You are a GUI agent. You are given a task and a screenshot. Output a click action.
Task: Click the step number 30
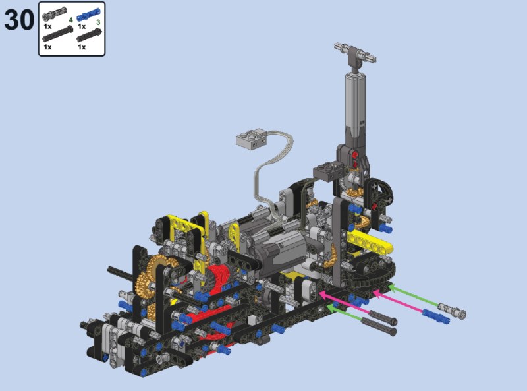click(x=19, y=20)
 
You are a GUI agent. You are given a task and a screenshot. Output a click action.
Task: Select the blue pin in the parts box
click(x=88, y=14)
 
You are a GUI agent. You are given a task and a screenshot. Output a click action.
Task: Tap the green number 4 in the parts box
click(x=70, y=20)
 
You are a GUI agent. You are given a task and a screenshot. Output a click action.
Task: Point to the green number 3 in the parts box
click(x=98, y=22)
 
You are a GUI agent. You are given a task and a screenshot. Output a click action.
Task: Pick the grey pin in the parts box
click(x=55, y=14)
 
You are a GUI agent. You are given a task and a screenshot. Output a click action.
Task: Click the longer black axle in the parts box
click(x=57, y=34)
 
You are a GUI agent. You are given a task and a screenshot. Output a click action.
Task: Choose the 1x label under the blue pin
click(x=82, y=26)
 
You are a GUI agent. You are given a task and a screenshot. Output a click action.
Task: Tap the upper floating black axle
click(x=383, y=317)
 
